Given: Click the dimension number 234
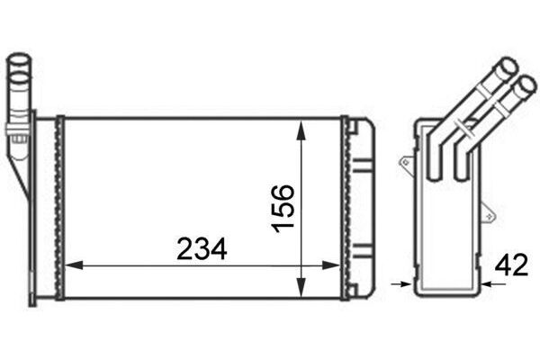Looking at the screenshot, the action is coord(202,248).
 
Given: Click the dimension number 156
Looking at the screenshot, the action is coord(283,209).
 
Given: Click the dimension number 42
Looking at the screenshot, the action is coord(511,265).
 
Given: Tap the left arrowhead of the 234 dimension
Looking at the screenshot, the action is coord(74,265).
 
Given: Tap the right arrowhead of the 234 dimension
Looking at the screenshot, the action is coord(331,265).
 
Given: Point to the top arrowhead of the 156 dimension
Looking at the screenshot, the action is coord(301,130).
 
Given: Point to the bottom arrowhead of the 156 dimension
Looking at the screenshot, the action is coord(301,287).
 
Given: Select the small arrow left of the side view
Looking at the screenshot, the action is coord(401,284).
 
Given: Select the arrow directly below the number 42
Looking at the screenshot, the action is coord(493,284).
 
